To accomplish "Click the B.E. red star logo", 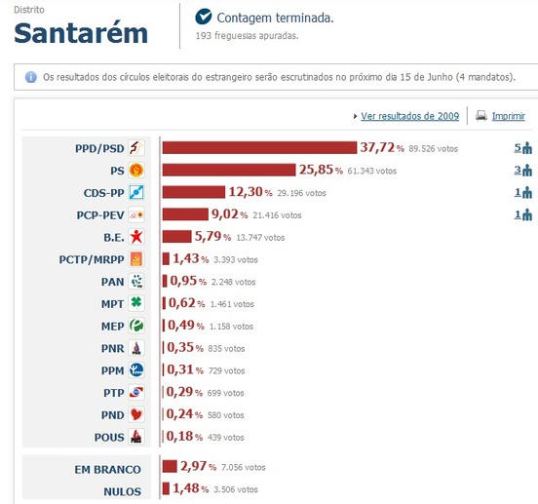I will (136, 237).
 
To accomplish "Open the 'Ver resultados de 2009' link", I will (409, 116).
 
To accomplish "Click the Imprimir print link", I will (508, 116).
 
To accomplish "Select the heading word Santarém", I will (81, 34).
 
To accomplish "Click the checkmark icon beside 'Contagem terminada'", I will (204, 18).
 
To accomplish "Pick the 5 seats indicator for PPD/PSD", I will (523, 148).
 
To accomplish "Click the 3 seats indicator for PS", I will (523, 171).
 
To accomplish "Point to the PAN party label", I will (112, 282).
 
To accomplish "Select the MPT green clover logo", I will (136, 303).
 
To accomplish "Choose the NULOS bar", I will (165, 488).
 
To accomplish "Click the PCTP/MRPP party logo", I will (136, 259).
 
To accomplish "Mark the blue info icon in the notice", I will (30, 76).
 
